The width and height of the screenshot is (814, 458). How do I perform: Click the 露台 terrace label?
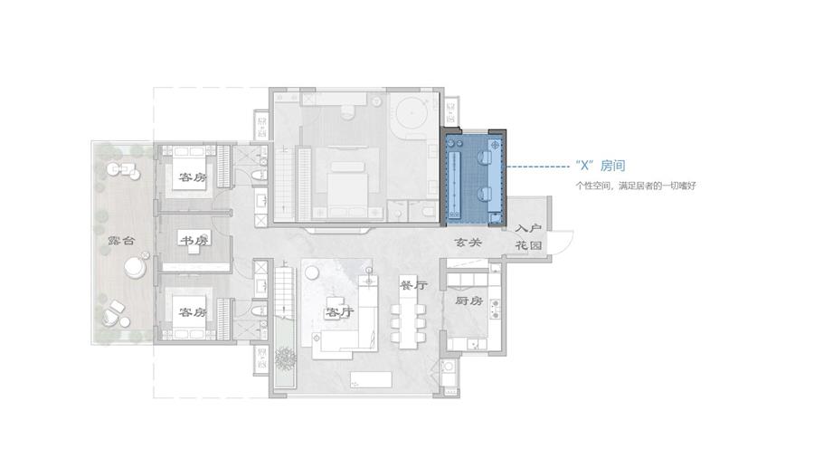click(121, 241)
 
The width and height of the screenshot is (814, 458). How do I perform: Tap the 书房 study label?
click(194, 241)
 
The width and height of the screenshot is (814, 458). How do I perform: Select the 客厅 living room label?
click(339, 312)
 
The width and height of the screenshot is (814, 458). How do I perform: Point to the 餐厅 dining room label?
click(413, 285)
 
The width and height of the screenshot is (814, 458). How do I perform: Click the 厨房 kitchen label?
click(469, 301)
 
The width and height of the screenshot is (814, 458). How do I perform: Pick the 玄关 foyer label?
click(469, 242)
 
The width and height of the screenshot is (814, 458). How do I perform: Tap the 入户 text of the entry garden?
click(529, 228)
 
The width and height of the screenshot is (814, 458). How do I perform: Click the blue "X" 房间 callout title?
click(601, 166)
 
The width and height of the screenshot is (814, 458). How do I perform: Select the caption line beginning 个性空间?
click(636, 186)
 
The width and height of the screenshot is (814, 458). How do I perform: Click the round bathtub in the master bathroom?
click(412, 112)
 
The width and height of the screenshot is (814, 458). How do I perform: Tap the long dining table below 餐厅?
click(408, 317)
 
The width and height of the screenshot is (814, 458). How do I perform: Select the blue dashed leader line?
click(538, 167)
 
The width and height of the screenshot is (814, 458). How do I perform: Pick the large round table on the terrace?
click(136, 267)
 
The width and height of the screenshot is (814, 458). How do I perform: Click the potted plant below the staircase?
click(286, 358)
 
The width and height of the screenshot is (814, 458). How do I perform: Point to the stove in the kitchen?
click(496, 309)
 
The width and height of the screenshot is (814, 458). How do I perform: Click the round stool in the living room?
click(311, 272)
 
